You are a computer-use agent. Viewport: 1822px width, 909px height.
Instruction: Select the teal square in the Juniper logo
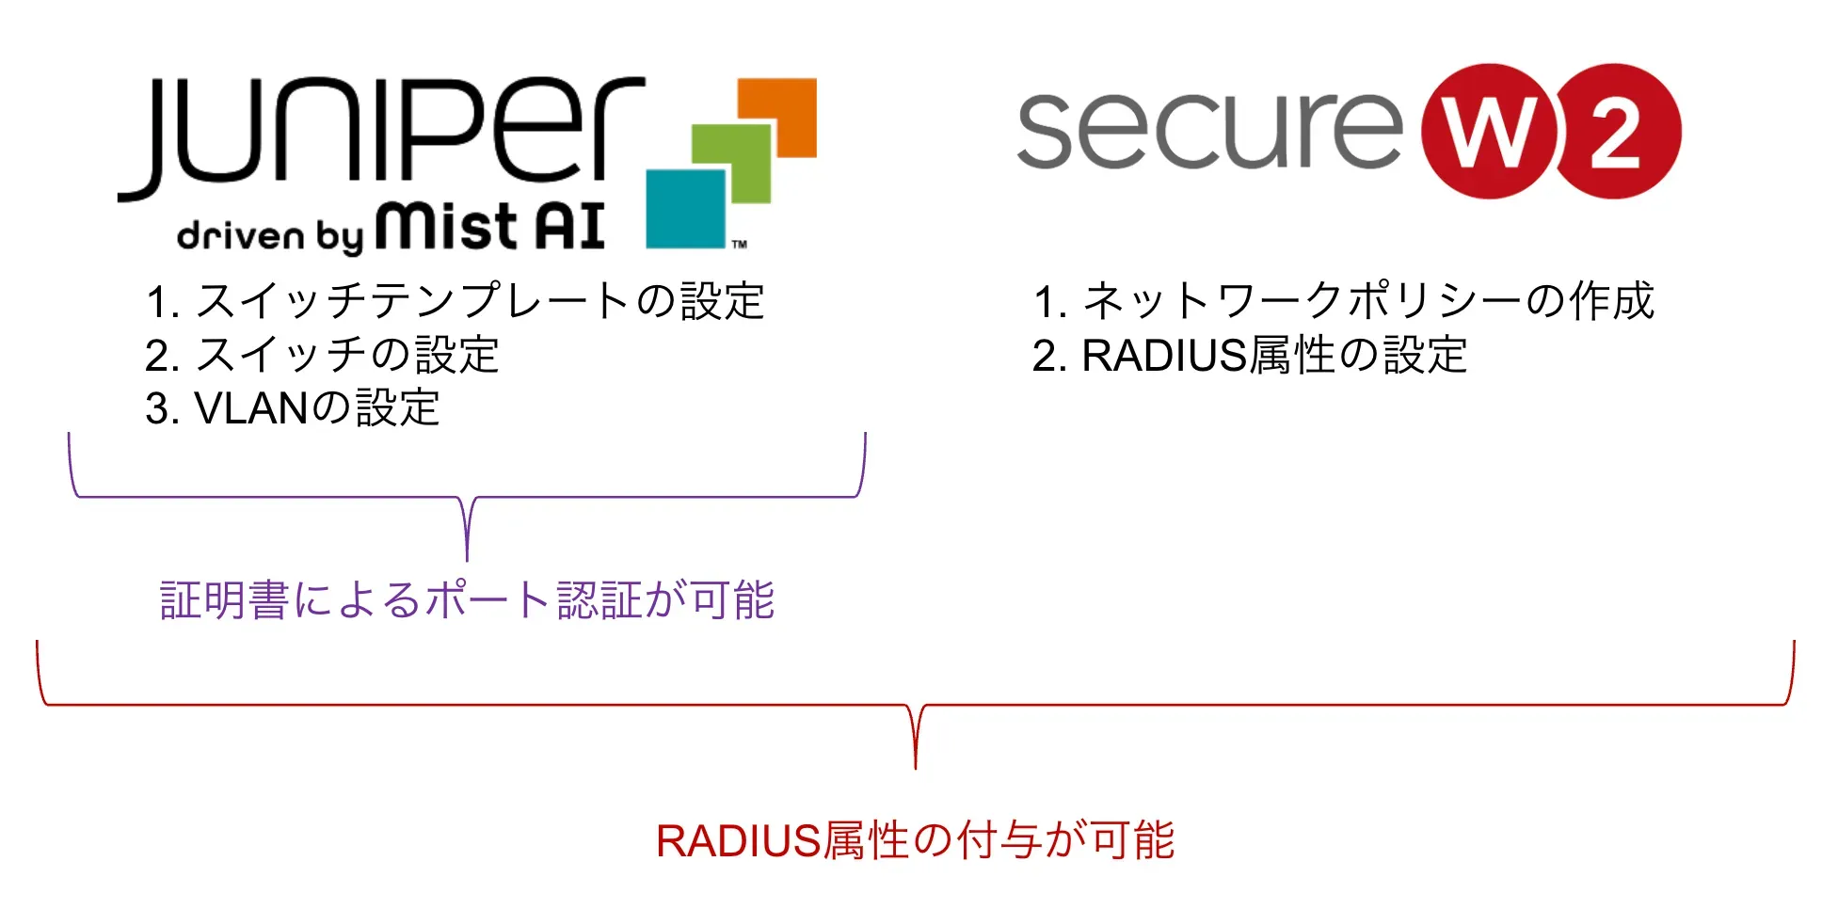pos(685,209)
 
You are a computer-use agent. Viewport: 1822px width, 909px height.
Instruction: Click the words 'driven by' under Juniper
pos(269,235)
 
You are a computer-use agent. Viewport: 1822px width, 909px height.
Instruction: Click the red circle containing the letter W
pos(1489,132)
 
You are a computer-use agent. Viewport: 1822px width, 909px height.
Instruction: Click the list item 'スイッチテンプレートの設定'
pos(455,302)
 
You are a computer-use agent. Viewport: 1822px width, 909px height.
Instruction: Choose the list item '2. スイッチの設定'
pos(322,356)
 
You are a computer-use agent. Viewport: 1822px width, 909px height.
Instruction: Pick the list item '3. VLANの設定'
pos(293,409)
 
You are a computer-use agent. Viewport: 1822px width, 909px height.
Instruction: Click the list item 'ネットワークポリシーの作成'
pos(1343,302)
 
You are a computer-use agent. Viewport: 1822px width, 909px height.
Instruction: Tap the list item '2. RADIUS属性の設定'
pos(1249,356)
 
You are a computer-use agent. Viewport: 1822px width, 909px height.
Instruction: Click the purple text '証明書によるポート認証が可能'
pos(467,600)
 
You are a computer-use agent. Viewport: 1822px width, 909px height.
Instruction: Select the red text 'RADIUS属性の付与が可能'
pos(915,840)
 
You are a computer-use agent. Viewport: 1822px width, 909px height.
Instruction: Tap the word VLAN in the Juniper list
pos(251,409)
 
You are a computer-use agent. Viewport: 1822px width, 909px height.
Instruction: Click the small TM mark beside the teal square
pos(740,245)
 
